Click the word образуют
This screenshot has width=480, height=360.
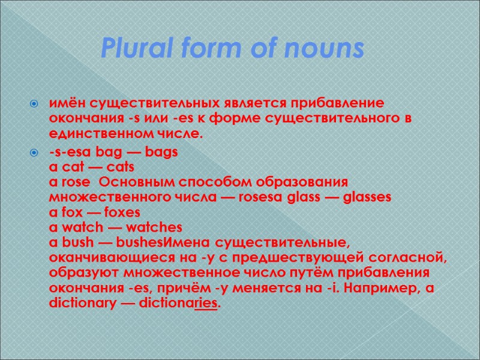point(76,274)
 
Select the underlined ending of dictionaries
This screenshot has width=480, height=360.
point(208,304)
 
